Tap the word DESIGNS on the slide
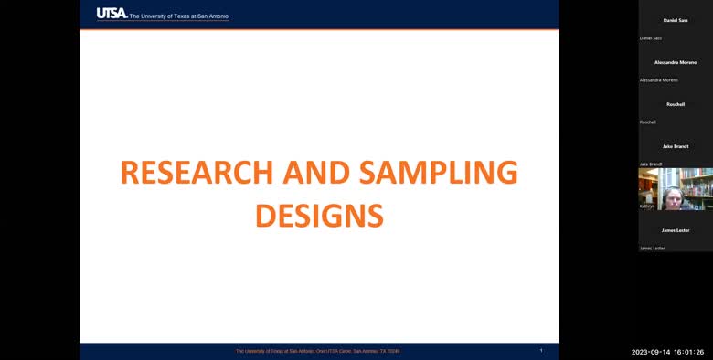[x=318, y=215]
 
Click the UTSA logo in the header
[x=112, y=14]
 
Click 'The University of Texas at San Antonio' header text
[x=179, y=16]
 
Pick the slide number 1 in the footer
[x=541, y=350]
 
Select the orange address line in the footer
[x=318, y=351]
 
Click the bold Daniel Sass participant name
[x=676, y=20]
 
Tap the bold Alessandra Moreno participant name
[x=676, y=62]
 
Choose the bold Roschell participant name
[x=676, y=104]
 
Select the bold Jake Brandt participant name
[x=676, y=146]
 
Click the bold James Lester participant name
[x=676, y=230]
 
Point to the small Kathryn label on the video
[x=647, y=206]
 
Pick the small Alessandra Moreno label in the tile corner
[x=658, y=80]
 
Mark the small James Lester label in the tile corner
[x=652, y=249]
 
